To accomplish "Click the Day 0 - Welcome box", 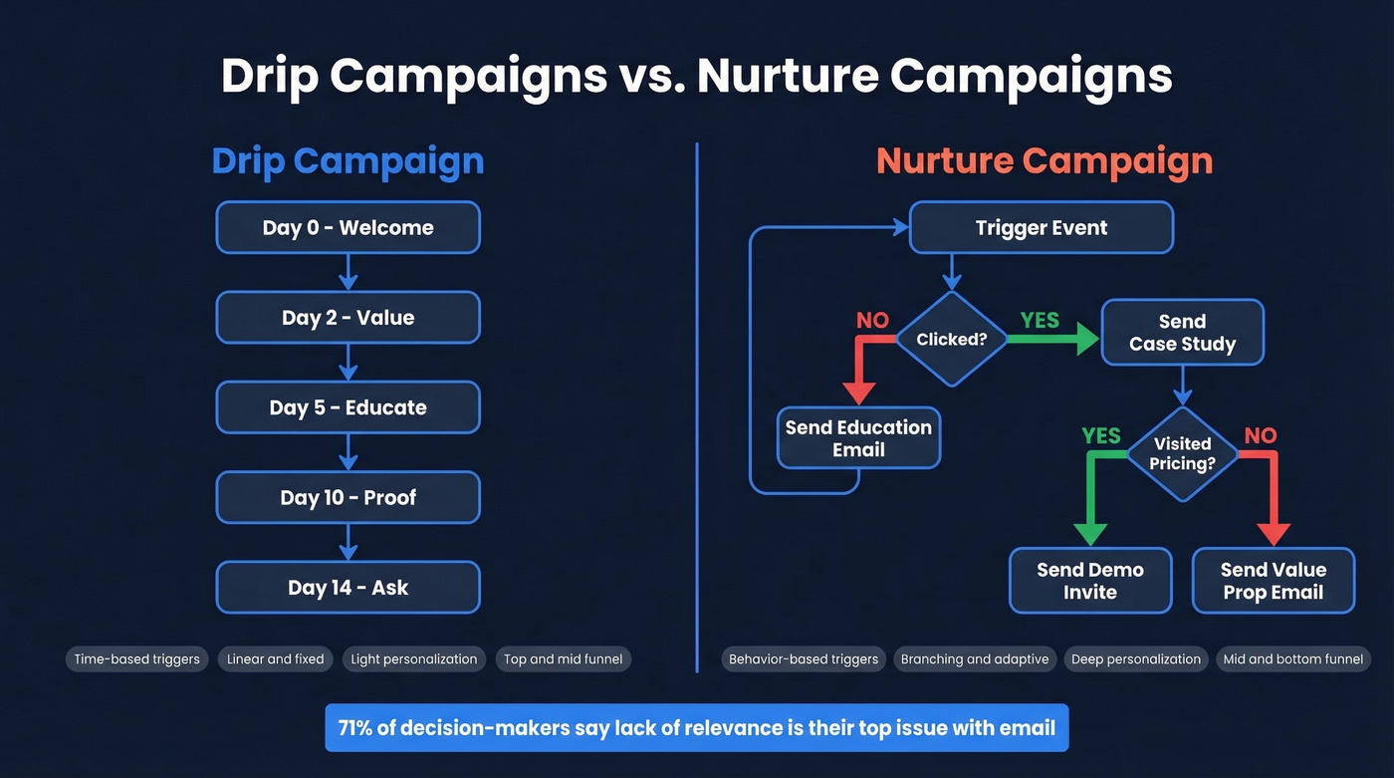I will (x=348, y=227).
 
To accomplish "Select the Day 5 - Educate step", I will (x=348, y=407).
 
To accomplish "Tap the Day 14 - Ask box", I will (x=348, y=588).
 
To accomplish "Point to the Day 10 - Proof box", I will (x=348, y=498).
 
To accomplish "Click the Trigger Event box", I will (x=1041, y=227).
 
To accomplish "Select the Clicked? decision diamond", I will (x=952, y=339).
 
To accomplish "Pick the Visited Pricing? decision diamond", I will (x=1182, y=454).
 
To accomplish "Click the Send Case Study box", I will (x=1182, y=333).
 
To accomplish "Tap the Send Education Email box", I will (x=858, y=438).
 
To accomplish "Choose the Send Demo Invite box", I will (x=1090, y=581).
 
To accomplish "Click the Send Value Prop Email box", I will (x=1274, y=581).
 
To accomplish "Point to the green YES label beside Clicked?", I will (x=1040, y=320).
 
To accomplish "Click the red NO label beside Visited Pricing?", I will (x=1260, y=435).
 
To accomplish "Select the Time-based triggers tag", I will (x=136, y=658).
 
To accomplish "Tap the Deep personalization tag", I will (x=1135, y=658).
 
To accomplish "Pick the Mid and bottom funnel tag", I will (x=1292, y=658).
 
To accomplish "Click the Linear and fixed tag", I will (x=275, y=658).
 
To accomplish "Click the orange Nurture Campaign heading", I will (x=1044, y=161).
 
